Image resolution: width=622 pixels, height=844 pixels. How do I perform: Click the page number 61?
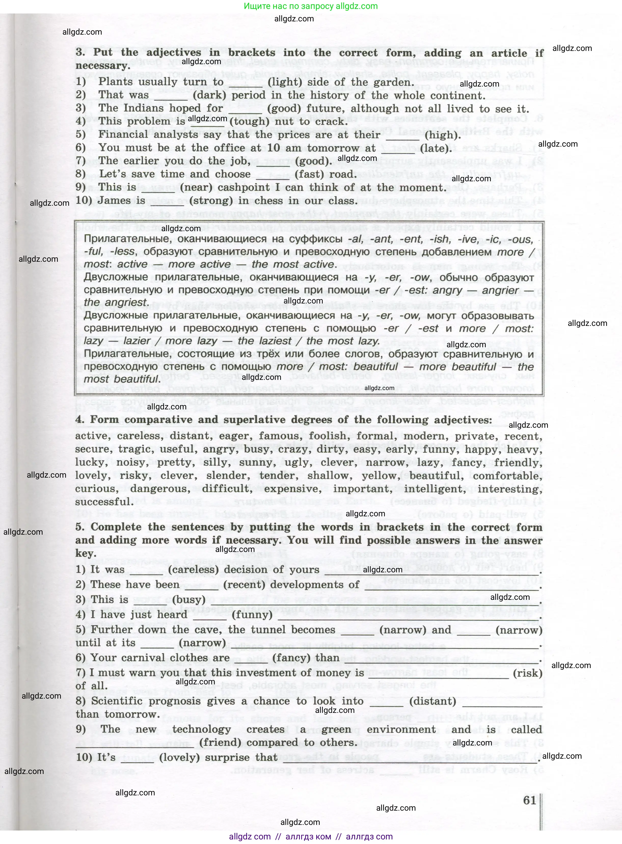click(529, 800)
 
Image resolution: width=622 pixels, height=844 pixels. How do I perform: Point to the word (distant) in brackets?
click(432, 701)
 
